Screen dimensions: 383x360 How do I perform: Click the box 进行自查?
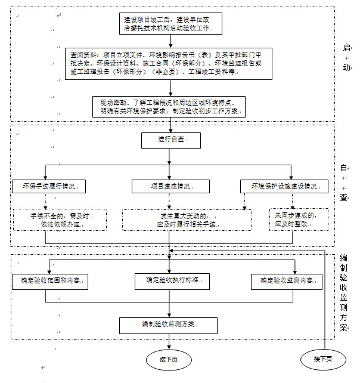[x=170, y=140]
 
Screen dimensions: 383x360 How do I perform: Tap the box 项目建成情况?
[x=170, y=187]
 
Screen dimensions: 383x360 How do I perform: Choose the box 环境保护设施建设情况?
[x=284, y=187]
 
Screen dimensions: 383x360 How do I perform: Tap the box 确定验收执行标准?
[x=172, y=279]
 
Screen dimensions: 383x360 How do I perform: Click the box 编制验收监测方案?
[x=170, y=325]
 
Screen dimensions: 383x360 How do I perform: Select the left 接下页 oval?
[x=169, y=360]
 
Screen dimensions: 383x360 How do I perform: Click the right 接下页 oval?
[x=324, y=359]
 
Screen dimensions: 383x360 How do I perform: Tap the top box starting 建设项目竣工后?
[x=171, y=23]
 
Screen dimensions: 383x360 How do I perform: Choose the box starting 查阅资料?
[x=170, y=63]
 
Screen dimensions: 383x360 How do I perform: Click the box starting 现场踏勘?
[x=171, y=107]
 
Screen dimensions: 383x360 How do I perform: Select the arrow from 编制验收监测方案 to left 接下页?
[x=170, y=341]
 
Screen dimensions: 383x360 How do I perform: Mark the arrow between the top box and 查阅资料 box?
[x=171, y=41]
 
